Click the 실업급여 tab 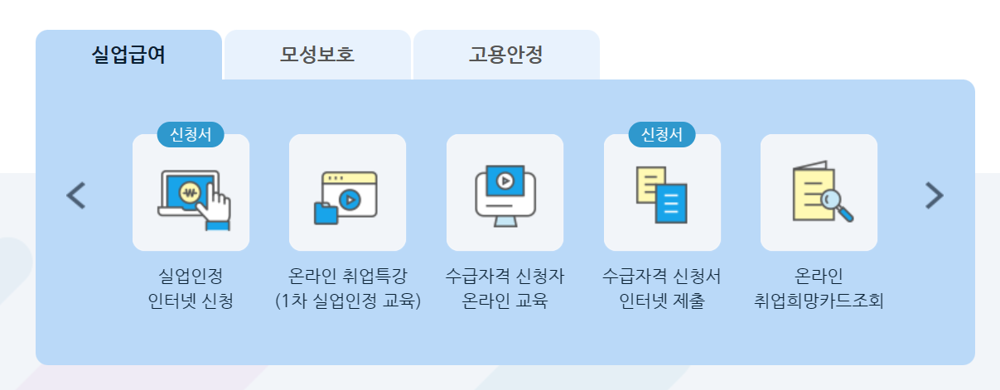(128, 55)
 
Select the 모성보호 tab (317, 55)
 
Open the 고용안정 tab (505, 55)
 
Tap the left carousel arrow (75, 195)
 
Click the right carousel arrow (934, 195)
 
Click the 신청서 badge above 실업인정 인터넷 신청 (191, 135)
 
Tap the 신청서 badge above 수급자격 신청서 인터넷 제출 (662, 135)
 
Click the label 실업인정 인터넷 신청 (191, 287)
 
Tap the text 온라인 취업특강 (347, 275)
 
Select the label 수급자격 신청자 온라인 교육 (505, 287)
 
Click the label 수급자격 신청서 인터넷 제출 (662, 287)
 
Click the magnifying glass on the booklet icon (838, 204)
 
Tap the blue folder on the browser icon (326, 213)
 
